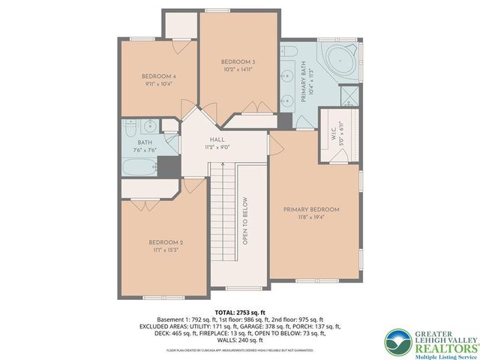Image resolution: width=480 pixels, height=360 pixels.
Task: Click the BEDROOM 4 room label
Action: (x=158, y=76)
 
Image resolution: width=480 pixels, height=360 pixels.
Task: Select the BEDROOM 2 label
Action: (x=166, y=242)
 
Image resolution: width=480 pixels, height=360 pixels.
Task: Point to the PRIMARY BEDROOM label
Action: (x=310, y=209)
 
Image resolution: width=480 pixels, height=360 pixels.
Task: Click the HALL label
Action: (x=217, y=139)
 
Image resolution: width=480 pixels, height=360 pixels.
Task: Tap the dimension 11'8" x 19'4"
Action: (x=310, y=217)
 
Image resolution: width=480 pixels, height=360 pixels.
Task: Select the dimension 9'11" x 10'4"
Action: (x=158, y=84)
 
